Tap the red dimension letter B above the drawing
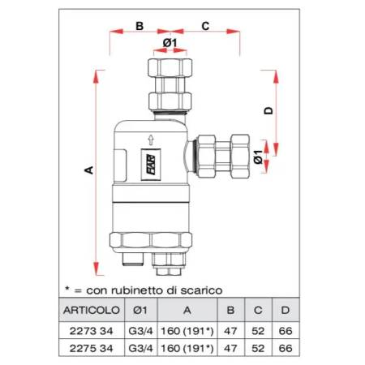point(139,26)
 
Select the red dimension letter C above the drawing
point(205,26)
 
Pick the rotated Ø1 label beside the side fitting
point(259,153)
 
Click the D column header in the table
point(284,309)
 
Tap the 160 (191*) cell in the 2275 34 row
point(186,348)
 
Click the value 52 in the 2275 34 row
point(258,348)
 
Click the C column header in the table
point(258,309)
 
